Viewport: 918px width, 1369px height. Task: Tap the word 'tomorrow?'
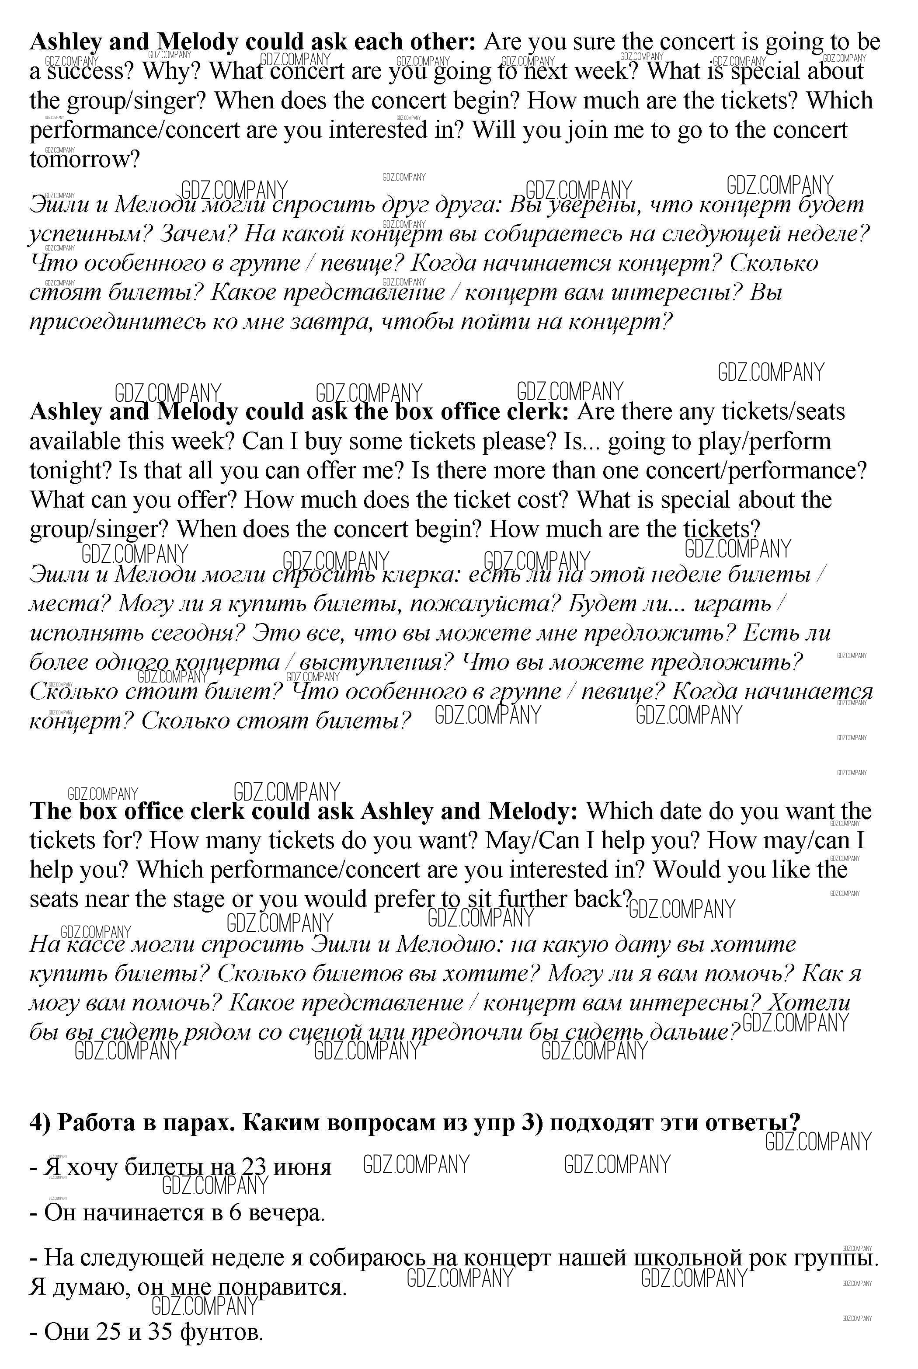click(85, 160)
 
